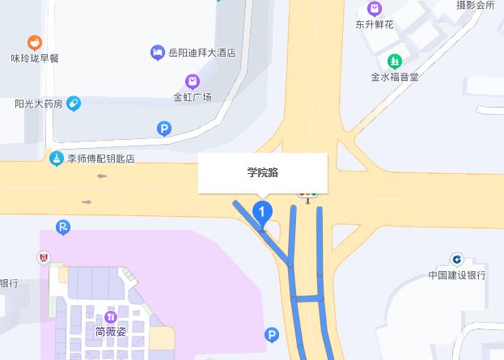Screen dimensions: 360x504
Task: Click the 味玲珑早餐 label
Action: pyautogui.click(x=35, y=58)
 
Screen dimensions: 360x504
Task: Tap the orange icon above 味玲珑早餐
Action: pyautogui.click(x=34, y=42)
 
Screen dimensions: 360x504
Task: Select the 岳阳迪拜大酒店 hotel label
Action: pyautogui.click(x=201, y=53)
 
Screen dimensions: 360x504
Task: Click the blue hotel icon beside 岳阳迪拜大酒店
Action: pyautogui.click(x=158, y=53)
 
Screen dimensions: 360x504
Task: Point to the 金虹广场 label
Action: pyautogui.click(x=193, y=97)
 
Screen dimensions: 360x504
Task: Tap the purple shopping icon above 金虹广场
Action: pyautogui.click(x=193, y=81)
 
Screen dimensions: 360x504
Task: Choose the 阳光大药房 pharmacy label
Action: pyautogui.click(x=38, y=104)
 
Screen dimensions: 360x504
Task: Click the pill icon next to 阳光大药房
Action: pyautogui.click(x=74, y=103)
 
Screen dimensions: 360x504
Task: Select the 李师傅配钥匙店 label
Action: pyautogui.click(x=100, y=159)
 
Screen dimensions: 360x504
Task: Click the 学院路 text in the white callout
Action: pyautogui.click(x=263, y=172)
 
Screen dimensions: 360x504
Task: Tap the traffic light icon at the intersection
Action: pyautogui.click(x=307, y=193)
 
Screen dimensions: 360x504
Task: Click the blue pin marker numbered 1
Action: pyautogui.click(x=263, y=213)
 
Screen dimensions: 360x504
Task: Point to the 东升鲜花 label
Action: pyautogui.click(x=375, y=25)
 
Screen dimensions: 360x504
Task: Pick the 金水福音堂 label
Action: pyautogui.click(x=395, y=78)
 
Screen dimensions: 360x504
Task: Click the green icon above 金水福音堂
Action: pyautogui.click(x=395, y=61)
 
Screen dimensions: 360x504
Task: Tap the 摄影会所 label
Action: pyautogui.click(x=475, y=5)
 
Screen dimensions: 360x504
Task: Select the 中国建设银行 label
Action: pyautogui.click(x=457, y=275)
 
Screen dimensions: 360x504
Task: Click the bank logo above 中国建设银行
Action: pyautogui.click(x=457, y=259)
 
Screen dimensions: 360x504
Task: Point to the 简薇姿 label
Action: pyautogui.click(x=112, y=331)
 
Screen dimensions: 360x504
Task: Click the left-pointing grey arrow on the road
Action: pyautogui.click(x=102, y=176)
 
